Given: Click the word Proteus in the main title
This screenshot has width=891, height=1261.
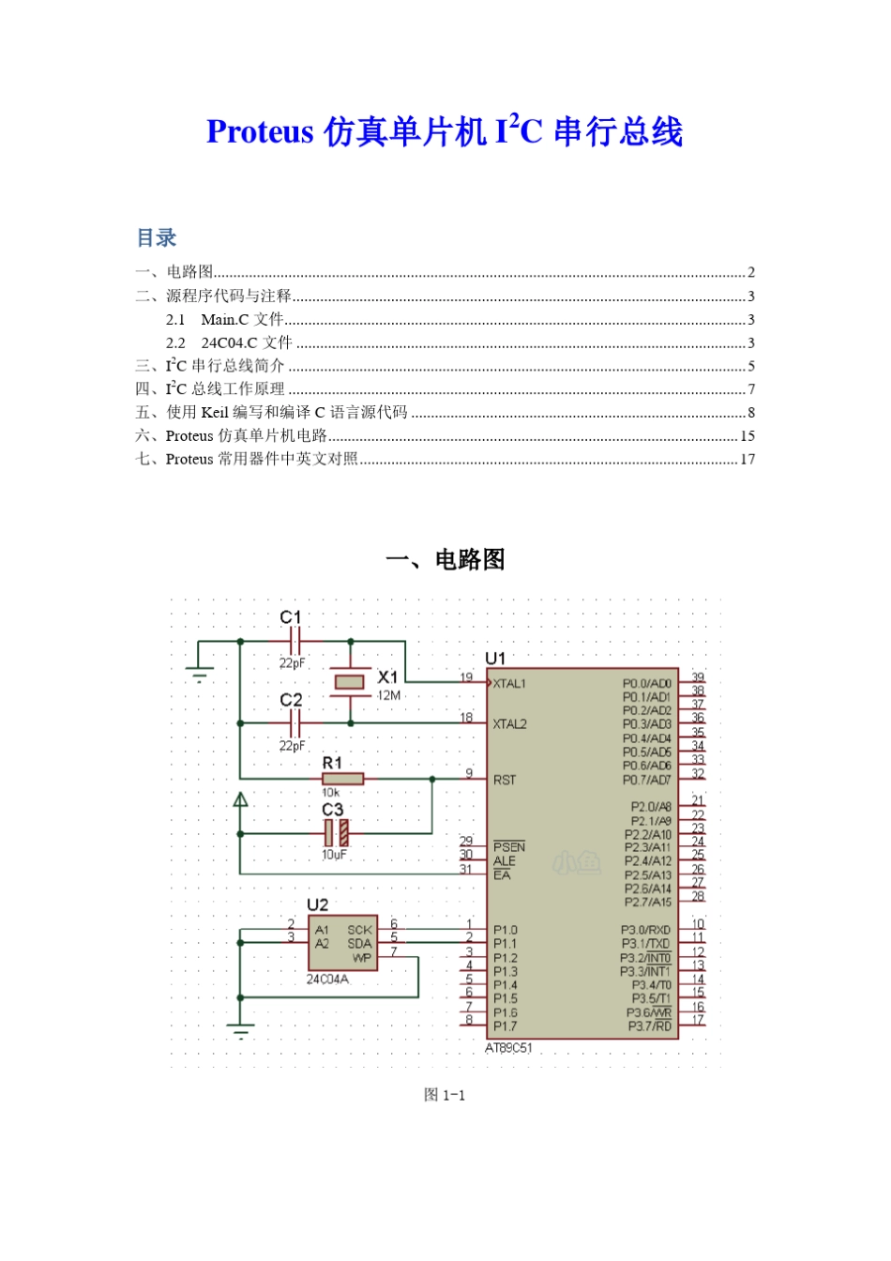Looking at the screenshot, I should pyautogui.click(x=260, y=132).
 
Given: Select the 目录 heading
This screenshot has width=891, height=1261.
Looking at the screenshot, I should pyautogui.click(x=157, y=238).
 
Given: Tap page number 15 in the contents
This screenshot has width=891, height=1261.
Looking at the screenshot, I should pyautogui.click(x=747, y=436).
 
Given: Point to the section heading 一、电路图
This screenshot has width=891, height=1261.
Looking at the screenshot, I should pyautogui.click(x=445, y=560).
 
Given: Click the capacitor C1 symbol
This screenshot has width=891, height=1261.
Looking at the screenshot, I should pyautogui.click(x=294, y=642).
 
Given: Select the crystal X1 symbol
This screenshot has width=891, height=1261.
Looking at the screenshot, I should pyautogui.click(x=350, y=682).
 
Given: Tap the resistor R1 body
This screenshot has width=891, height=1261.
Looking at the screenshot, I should pyautogui.click(x=342, y=779).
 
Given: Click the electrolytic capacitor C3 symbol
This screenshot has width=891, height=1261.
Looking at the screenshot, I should pyautogui.click(x=336, y=832).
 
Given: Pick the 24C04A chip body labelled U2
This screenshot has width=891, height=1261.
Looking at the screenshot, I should pyautogui.click(x=343, y=943).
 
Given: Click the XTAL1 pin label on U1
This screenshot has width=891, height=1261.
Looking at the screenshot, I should pyautogui.click(x=510, y=684).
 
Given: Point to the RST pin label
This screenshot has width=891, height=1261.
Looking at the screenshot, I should pyautogui.click(x=505, y=780).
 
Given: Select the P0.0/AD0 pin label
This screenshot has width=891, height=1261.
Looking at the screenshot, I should pyautogui.click(x=646, y=684).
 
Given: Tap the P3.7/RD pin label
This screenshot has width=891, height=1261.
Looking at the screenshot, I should pyautogui.click(x=649, y=1026).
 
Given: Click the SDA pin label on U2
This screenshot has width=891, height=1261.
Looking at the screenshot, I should pyautogui.click(x=359, y=944).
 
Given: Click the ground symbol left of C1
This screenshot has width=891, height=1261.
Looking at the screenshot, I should pyautogui.click(x=198, y=672).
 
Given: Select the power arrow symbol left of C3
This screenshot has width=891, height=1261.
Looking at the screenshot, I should pyautogui.click(x=241, y=800).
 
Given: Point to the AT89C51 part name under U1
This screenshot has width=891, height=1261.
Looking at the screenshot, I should pyautogui.click(x=508, y=1048).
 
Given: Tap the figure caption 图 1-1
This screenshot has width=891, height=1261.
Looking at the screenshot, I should pyautogui.click(x=445, y=1095).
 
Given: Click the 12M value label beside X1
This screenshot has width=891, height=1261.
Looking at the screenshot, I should pyautogui.click(x=389, y=696).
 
